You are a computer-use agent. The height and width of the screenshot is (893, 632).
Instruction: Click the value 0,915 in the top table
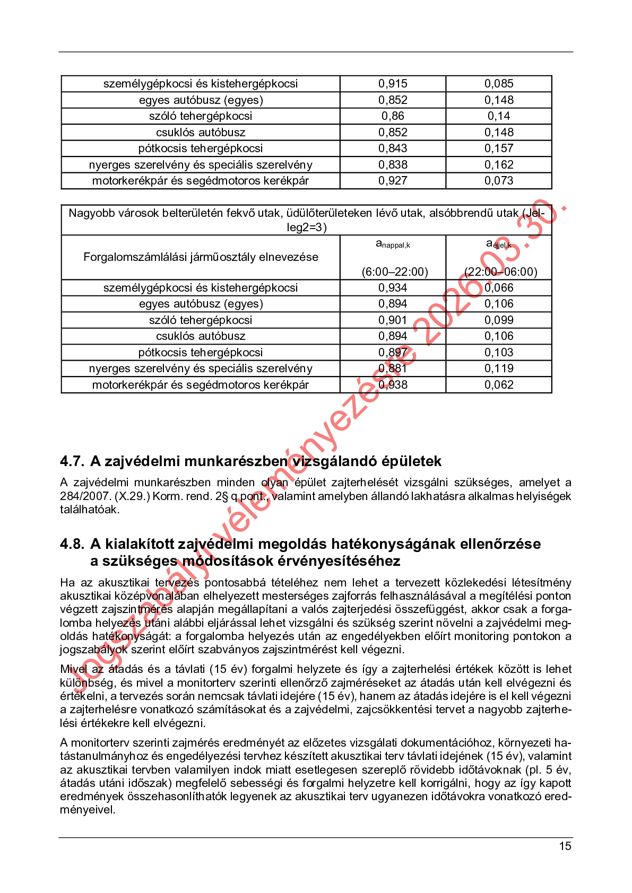click(x=393, y=84)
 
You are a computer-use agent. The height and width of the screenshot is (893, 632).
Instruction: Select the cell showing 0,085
click(x=499, y=84)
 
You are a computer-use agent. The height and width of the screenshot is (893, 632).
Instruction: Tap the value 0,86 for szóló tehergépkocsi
click(x=393, y=116)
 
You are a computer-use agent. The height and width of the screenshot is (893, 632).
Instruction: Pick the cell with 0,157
click(x=499, y=148)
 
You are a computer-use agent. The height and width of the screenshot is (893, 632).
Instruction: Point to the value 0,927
click(x=393, y=181)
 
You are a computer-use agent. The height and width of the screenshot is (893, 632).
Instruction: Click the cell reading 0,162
click(x=499, y=165)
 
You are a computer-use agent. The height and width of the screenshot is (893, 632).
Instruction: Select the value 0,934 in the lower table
click(x=393, y=288)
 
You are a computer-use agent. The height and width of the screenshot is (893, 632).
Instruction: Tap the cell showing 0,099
click(x=499, y=320)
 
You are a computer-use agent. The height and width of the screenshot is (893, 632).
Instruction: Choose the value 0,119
click(x=499, y=369)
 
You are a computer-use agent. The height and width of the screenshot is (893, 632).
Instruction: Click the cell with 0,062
click(x=499, y=385)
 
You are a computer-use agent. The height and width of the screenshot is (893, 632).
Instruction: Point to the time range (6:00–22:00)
click(x=395, y=272)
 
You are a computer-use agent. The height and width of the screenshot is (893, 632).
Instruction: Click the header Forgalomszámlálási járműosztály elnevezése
click(x=201, y=257)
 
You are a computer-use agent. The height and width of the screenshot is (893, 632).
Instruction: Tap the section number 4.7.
click(x=72, y=461)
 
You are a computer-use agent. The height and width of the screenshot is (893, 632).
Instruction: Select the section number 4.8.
click(x=72, y=544)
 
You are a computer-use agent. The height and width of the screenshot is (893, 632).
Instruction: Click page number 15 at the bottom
click(x=565, y=846)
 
